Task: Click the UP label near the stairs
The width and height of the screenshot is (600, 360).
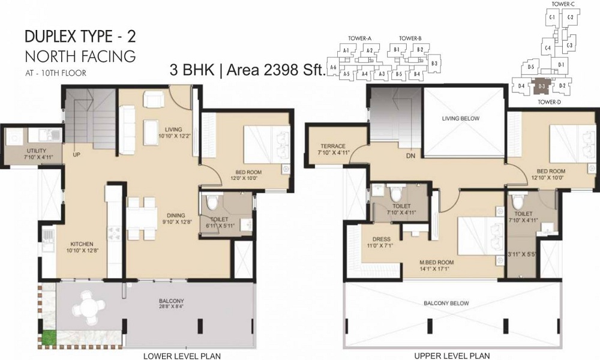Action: (77, 154)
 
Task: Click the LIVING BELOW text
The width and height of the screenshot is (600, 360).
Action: (461, 119)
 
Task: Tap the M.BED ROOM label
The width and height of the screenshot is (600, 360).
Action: (436, 263)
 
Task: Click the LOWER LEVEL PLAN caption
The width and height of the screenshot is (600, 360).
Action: (182, 356)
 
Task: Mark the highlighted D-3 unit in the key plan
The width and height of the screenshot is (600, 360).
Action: (541, 86)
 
